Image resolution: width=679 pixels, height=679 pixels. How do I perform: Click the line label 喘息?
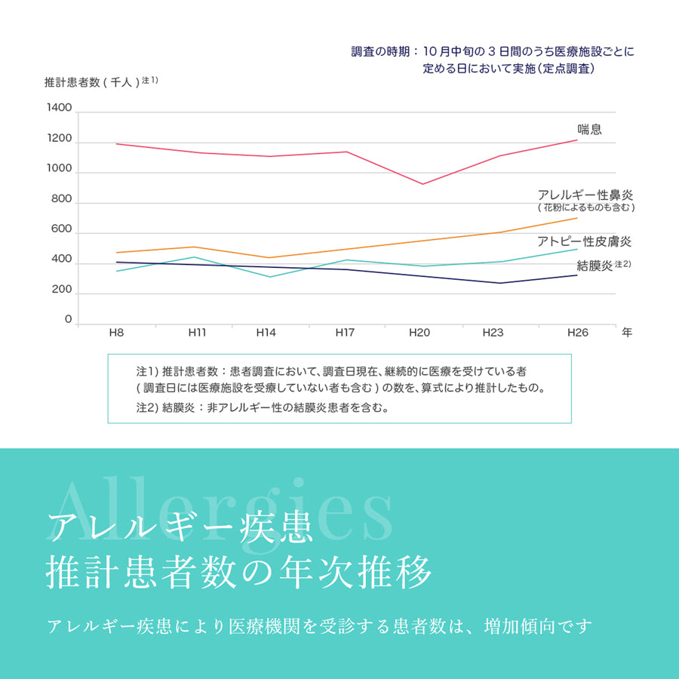[589, 129]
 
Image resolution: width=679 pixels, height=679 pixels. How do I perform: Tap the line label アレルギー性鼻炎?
[585, 194]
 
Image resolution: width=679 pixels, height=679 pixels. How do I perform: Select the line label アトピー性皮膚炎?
[584, 241]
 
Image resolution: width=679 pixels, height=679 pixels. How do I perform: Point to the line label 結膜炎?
[594, 266]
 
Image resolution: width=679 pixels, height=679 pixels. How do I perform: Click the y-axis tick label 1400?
[59, 109]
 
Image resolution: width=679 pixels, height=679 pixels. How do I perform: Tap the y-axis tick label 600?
[62, 229]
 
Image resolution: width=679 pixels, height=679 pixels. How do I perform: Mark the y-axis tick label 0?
[68, 320]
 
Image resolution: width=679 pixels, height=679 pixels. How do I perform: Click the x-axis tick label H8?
[116, 333]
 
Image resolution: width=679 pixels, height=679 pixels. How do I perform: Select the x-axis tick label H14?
[266, 333]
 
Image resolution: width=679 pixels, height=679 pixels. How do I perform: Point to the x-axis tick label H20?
[419, 333]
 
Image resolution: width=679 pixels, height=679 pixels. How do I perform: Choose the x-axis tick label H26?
[577, 333]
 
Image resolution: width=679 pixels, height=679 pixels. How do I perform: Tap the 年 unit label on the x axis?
[627, 333]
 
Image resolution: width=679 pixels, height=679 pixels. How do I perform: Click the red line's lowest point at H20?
[422, 184]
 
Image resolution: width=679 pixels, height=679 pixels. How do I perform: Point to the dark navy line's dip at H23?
[499, 283]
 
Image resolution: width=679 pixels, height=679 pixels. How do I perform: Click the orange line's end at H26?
[577, 218]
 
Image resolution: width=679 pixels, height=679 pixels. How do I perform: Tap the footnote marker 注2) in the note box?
[145, 407]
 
